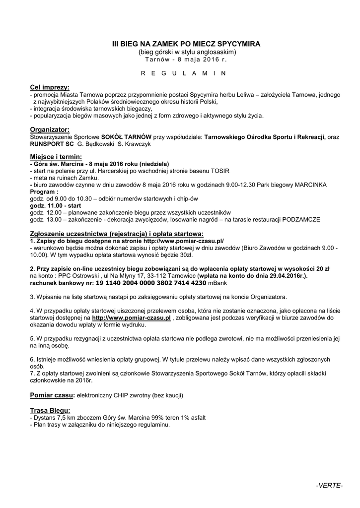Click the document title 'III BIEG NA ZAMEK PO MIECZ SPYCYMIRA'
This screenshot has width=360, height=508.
point(186,44)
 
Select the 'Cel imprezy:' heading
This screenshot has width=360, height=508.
point(50,87)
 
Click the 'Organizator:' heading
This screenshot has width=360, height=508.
point(50,129)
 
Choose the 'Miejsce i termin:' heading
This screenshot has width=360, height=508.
point(56,157)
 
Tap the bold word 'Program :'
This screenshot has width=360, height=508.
point(44,191)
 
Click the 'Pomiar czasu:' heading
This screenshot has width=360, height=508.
point(53,395)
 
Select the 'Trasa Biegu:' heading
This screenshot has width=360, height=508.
point(50,410)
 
